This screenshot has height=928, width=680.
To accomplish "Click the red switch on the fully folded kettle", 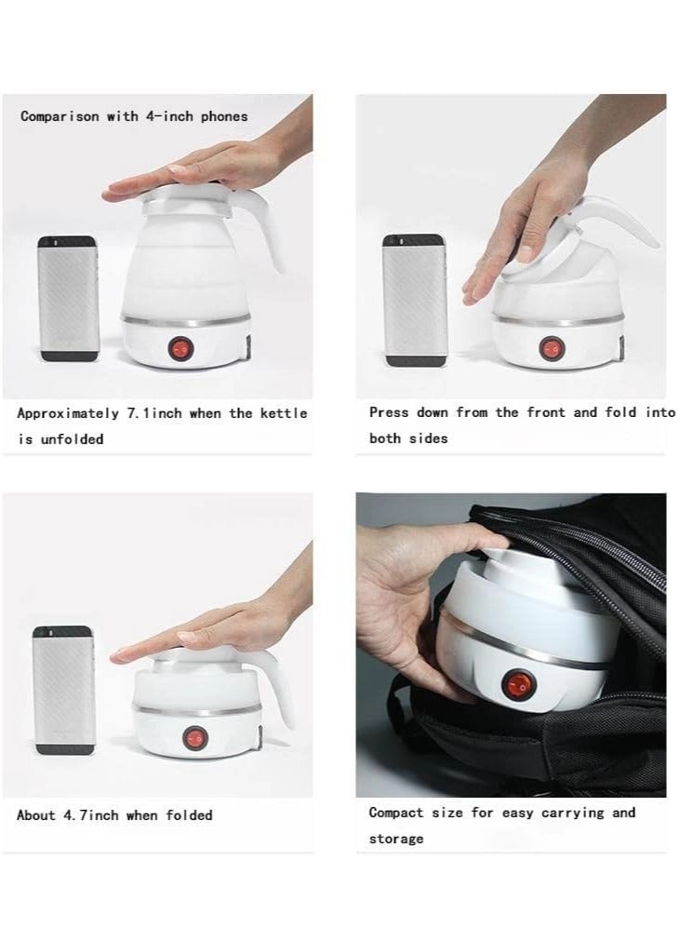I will [193, 735].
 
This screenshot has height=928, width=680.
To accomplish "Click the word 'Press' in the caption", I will [389, 411].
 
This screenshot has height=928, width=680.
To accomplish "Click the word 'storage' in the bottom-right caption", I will [395, 839].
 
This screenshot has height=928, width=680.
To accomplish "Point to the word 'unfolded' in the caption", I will [73, 438].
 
